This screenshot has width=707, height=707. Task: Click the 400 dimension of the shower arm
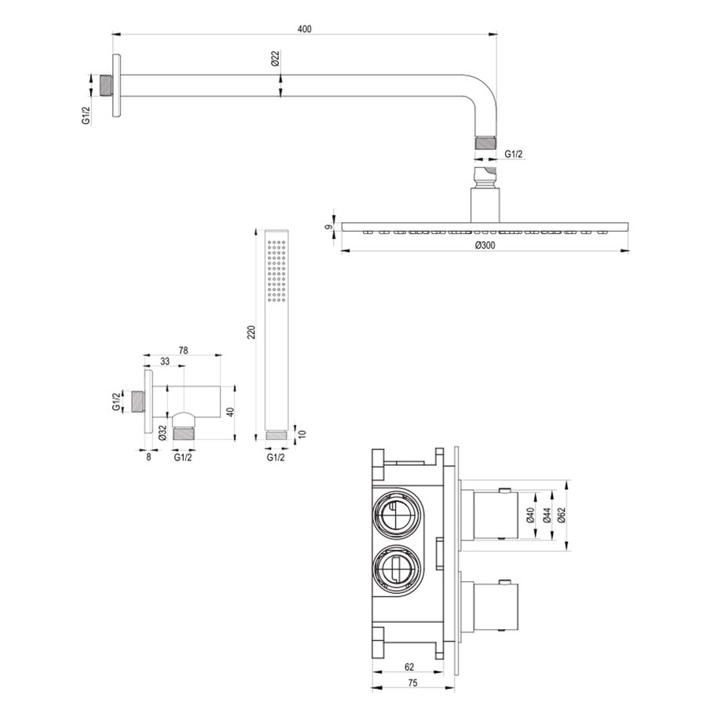pos(305,29)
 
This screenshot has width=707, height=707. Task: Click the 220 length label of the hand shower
pos(251,332)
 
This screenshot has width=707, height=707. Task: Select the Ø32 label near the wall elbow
pos(161,433)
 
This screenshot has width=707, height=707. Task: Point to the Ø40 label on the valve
pos(530,515)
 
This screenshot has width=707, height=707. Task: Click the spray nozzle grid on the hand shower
pos(275,268)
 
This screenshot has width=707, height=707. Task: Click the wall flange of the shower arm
pos(117,86)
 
